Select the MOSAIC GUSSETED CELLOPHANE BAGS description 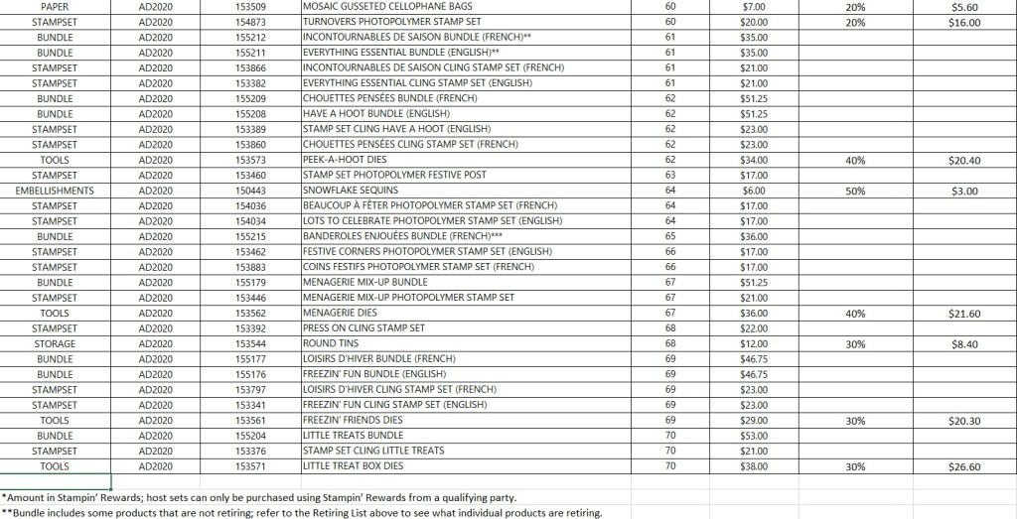[x=373, y=6]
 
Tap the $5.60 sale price [x=958, y=6]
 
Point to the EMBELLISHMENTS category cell [x=56, y=191]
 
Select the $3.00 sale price [x=958, y=191]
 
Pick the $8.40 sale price [x=958, y=344]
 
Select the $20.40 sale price [x=958, y=160]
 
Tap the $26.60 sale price [x=958, y=466]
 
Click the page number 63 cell [x=670, y=176]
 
